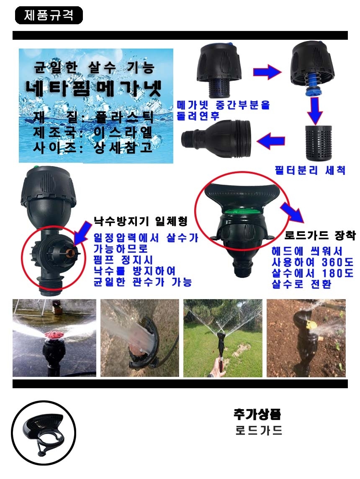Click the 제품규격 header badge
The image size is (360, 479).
(x=49, y=15)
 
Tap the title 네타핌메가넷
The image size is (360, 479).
(x=93, y=89)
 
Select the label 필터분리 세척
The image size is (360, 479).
(x=310, y=170)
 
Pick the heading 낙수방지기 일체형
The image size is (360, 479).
(x=140, y=220)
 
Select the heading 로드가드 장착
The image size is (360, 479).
(x=320, y=236)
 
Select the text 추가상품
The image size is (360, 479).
(x=257, y=414)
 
